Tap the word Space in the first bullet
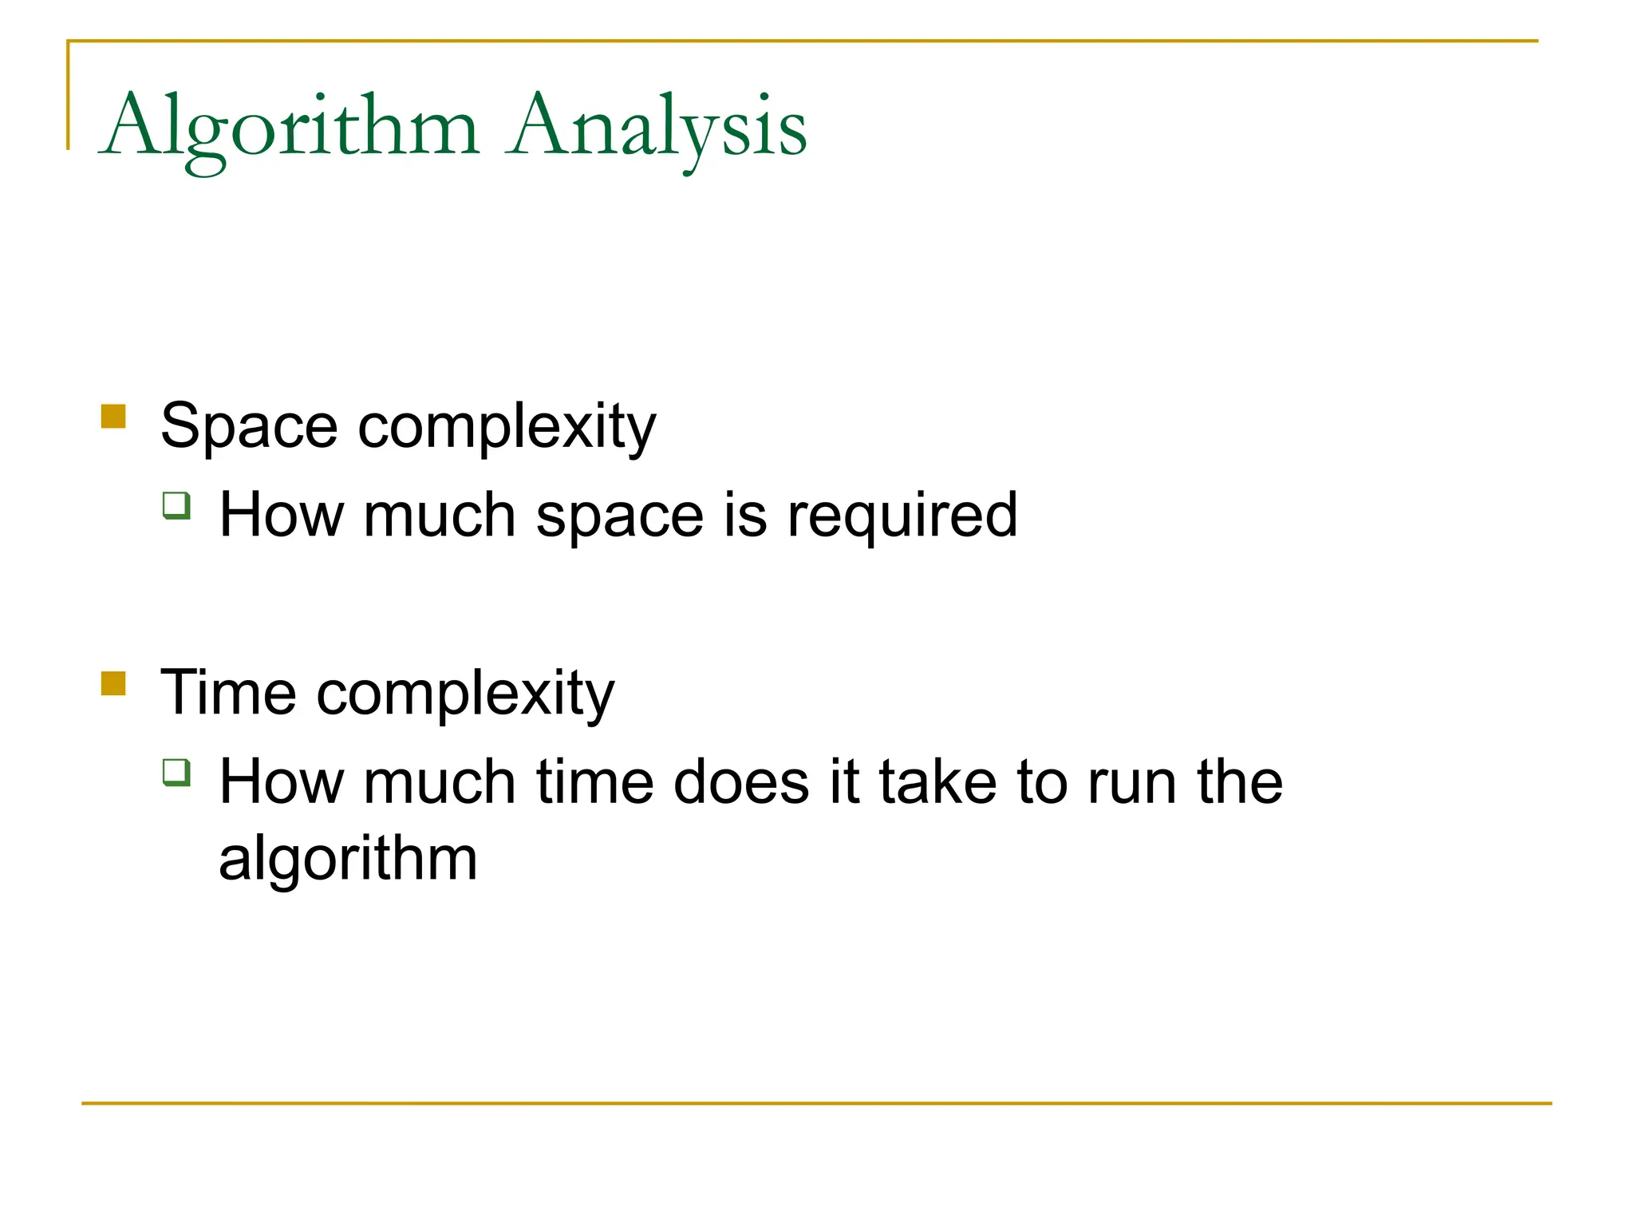click(249, 426)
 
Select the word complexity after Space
click(507, 428)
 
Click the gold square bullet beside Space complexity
click(113, 417)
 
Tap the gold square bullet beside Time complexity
click(113, 684)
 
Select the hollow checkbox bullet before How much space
click(176, 505)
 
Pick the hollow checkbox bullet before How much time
click(176, 772)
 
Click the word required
click(902, 516)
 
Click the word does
click(741, 782)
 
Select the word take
click(937, 782)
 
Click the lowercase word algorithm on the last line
click(348, 860)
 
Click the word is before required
click(745, 515)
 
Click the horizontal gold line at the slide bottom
click(816, 1103)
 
